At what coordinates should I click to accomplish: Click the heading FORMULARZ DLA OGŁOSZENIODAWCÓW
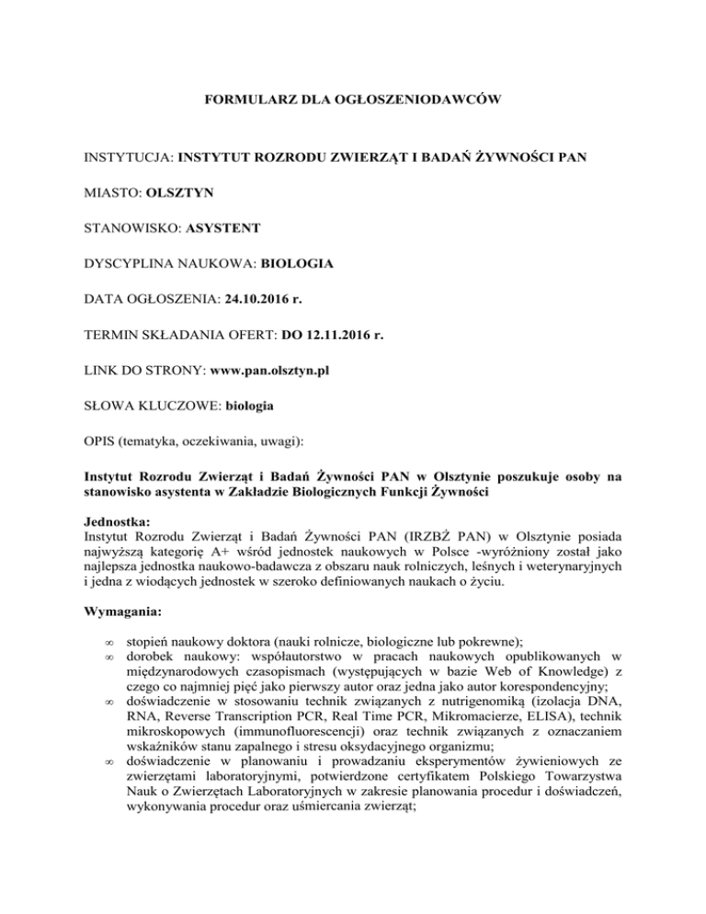[x=353, y=97]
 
